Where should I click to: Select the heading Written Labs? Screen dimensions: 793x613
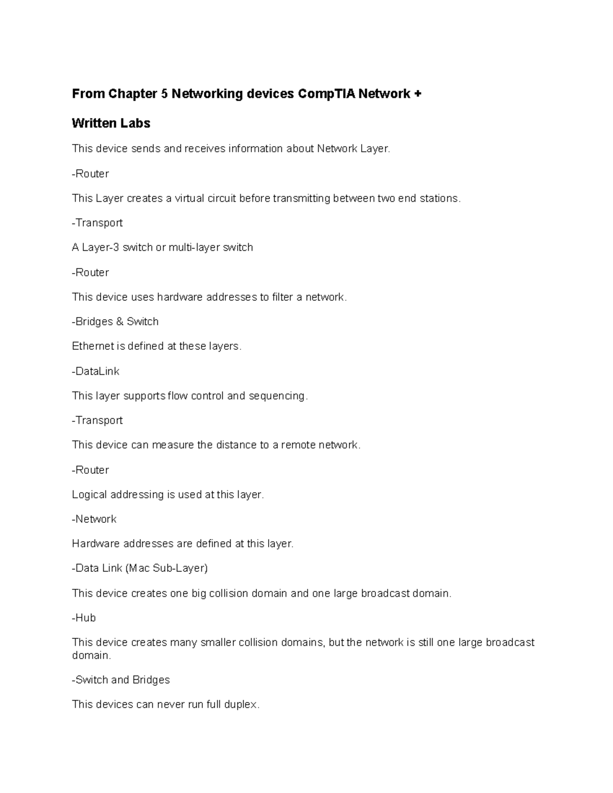click(111, 124)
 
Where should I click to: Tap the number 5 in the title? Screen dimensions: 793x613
click(164, 94)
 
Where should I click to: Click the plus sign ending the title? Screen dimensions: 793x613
click(418, 94)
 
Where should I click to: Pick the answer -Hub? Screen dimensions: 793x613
click(84, 618)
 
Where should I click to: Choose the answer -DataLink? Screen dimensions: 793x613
click(96, 371)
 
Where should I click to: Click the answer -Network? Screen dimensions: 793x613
click(94, 519)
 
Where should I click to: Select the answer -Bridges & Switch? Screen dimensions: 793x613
click(115, 322)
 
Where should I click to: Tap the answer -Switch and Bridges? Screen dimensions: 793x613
click(121, 680)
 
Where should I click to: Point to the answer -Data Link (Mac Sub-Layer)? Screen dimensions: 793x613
click(139, 568)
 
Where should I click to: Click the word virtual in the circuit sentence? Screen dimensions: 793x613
click(189, 199)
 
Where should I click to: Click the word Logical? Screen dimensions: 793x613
click(89, 495)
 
